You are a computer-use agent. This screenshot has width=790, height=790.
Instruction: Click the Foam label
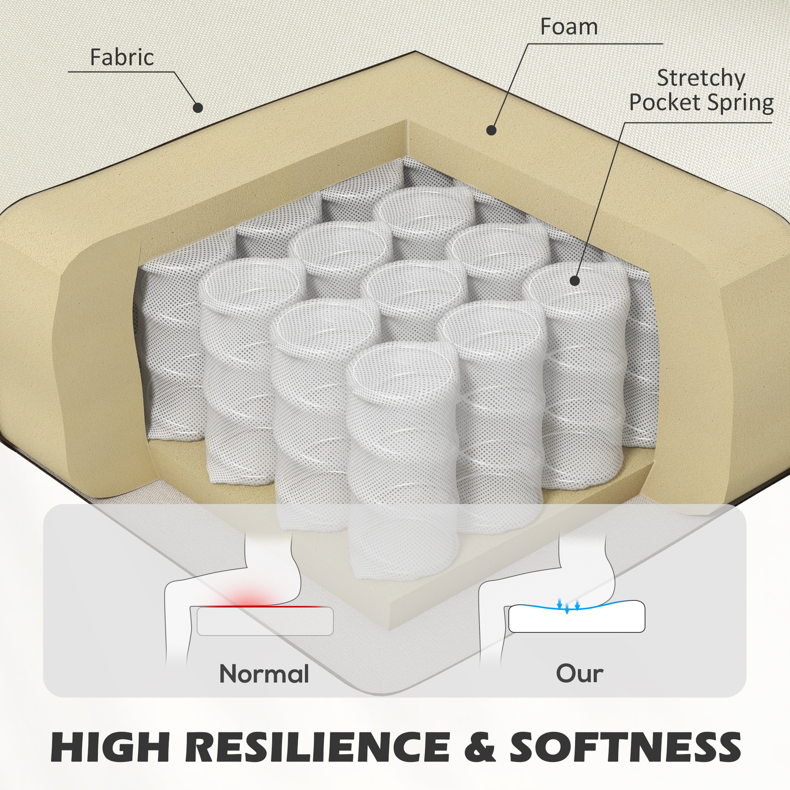click(569, 27)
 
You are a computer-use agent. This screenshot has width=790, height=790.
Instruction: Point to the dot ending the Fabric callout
click(198, 107)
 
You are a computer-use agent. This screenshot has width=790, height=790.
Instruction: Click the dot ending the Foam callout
click(491, 130)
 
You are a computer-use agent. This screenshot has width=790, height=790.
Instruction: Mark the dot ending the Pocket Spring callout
click(575, 281)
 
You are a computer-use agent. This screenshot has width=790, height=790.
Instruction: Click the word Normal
click(264, 674)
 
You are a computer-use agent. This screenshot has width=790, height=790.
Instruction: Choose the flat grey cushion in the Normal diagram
click(265, 621)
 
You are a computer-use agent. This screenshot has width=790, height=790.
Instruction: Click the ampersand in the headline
click(480, 747)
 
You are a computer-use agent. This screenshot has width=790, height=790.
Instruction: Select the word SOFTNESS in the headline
click(625, 747)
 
